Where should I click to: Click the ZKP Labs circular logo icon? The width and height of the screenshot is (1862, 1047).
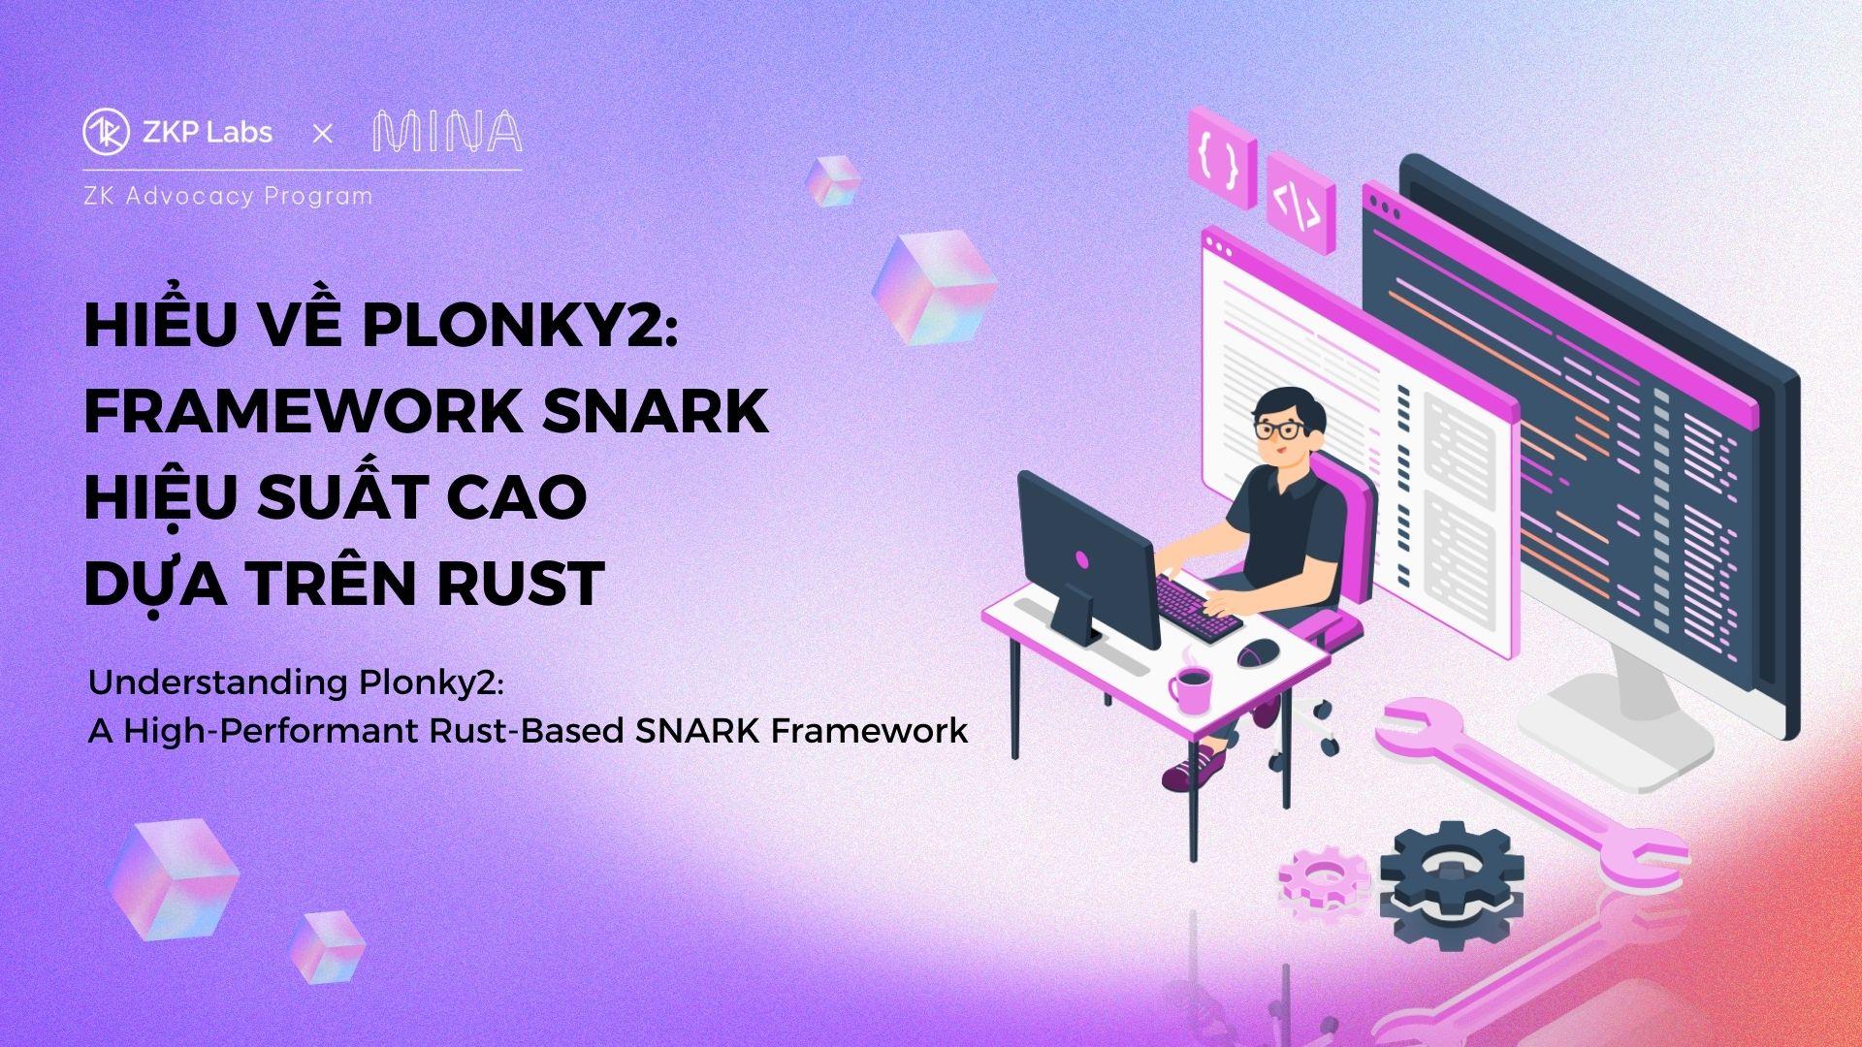[107, 133]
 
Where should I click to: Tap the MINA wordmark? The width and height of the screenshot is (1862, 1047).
[447, 133]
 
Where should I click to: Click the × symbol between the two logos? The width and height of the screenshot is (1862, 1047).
[323, 134]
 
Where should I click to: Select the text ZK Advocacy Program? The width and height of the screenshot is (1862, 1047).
[229, 196]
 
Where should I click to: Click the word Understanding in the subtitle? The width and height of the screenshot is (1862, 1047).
[218, 684]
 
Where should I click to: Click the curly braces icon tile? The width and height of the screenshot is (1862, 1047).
[1222, 158]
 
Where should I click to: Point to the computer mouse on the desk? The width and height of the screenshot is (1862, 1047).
[1259, 652]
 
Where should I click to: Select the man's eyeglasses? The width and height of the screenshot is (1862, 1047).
[1279, 429]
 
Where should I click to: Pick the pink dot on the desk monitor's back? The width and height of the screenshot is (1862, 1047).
[1082, 559]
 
